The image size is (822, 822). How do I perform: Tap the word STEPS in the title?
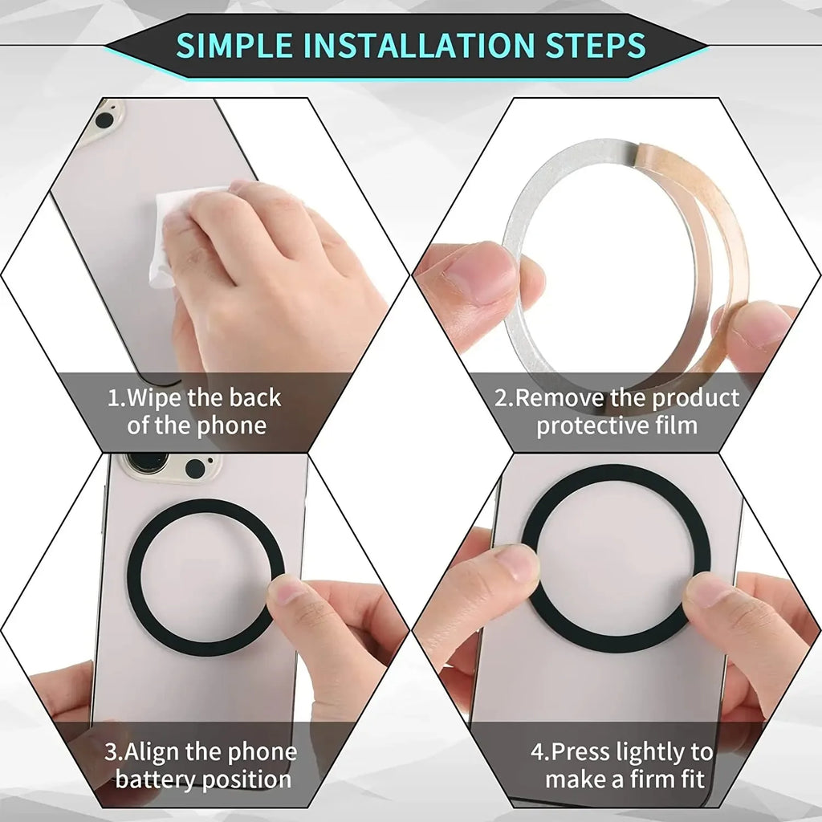click(x=595, y=45)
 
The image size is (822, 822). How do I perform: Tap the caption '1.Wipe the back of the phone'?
click(x=195, y=411)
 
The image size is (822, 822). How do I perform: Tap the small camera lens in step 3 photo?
click(x=195, y=468)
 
